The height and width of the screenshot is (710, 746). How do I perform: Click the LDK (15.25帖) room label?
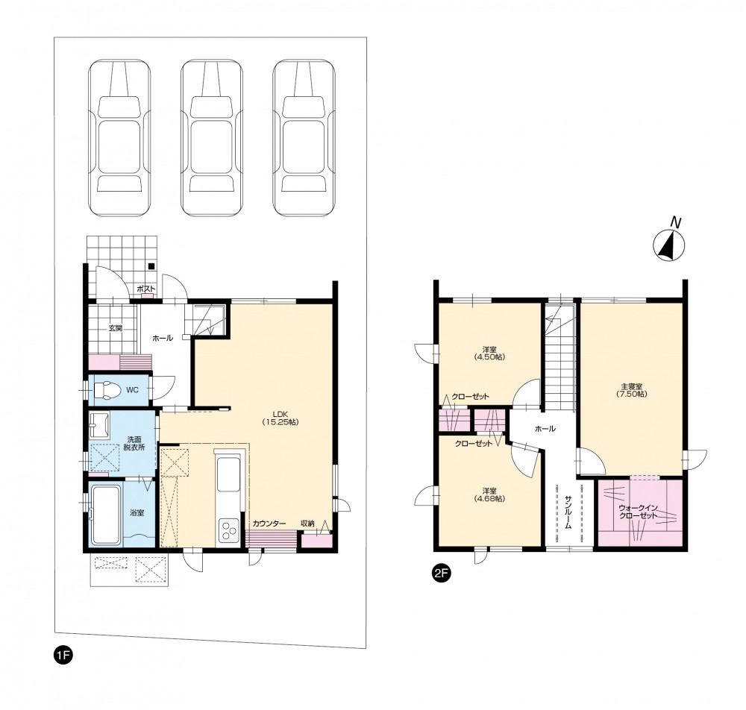click(280, 418)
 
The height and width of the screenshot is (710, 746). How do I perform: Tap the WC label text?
click(132, 390)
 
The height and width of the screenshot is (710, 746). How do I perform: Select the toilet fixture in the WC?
click(106, 391)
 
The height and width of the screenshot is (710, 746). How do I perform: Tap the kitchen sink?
click(229, 474)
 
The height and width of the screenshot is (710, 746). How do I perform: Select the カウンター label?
click(269, 524)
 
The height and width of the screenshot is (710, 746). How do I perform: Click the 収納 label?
click(307, 523)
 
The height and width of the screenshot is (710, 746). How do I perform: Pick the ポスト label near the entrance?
click(146, 289)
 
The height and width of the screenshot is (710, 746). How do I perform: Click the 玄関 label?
click(116, 327)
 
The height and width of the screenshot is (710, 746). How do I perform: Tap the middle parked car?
click(212, 137)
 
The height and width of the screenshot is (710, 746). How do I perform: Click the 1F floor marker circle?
click(63, 656)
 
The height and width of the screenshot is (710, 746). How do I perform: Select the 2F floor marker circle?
click(441, 573)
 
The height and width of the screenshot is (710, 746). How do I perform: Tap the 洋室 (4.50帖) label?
click(489, 353)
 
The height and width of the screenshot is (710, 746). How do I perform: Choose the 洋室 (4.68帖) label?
click(489, 494)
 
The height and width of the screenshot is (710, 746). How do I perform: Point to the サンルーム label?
click(568, 512)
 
